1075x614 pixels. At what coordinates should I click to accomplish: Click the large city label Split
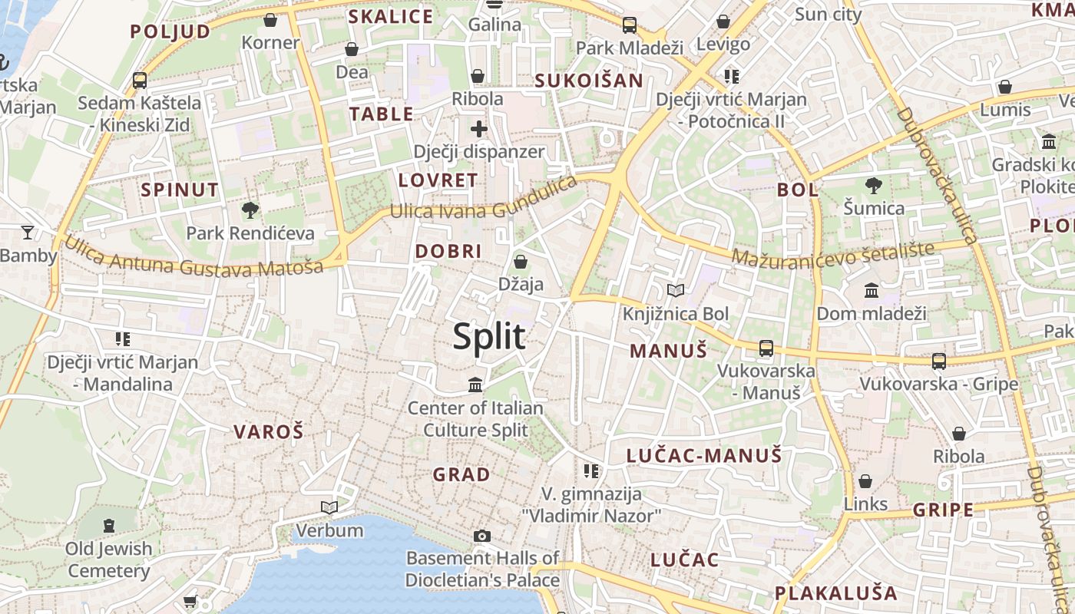pos(489,337)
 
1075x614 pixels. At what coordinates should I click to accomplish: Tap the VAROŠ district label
pos(269,431)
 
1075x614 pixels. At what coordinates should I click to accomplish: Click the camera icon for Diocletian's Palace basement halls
pos(482,536)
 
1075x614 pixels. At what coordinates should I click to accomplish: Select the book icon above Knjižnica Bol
pos(676,290)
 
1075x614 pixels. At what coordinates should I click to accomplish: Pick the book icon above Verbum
pos(329,507)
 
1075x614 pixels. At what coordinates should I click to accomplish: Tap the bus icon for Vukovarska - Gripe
pos(938,361)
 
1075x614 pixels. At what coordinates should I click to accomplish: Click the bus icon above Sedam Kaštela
pos(140,80)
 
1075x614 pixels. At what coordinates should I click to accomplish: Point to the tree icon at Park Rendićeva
pos(250,209)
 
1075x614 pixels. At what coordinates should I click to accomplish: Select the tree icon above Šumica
pos(873,185)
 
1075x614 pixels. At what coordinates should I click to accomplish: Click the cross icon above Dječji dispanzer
pos(479,128)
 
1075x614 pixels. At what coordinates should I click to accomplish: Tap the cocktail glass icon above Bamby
pos(28,232)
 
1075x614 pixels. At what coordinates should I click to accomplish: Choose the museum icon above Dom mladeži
pos(872,290)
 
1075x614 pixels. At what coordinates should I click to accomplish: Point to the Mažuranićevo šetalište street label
pos(833,253)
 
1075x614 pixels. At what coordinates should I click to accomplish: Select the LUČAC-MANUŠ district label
pos(704,456)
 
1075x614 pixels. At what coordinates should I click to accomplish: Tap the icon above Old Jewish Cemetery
pos(109,526)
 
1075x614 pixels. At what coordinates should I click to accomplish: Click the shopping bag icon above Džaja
pos(521,262)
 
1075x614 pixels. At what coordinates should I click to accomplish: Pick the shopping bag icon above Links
pos(865,481)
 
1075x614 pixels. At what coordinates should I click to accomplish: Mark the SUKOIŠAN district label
pos(589,81)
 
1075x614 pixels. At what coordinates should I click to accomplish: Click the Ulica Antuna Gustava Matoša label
pos(193,259)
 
